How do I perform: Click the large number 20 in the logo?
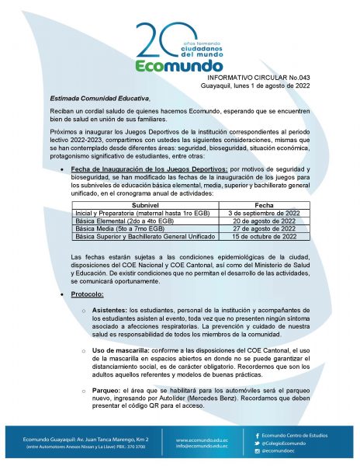159,41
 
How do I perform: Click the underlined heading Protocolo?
89,295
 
